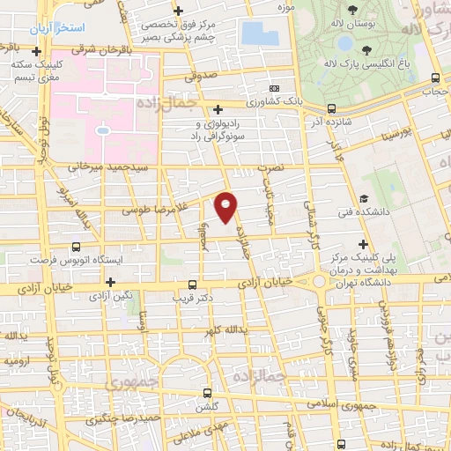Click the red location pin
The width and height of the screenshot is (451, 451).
coord(226,207)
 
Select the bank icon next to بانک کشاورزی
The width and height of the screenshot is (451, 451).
coord(275,89)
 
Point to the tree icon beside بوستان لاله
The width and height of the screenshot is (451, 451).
coord(352,11)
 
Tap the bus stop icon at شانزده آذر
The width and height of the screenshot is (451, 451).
coord(331,109)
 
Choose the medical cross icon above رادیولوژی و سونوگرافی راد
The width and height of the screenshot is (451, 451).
coord(218,109)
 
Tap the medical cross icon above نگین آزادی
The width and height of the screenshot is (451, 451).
coord(110,282)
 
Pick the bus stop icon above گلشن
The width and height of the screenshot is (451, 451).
coord(208,394)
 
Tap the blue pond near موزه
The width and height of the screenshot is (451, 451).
coord(258,33)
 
